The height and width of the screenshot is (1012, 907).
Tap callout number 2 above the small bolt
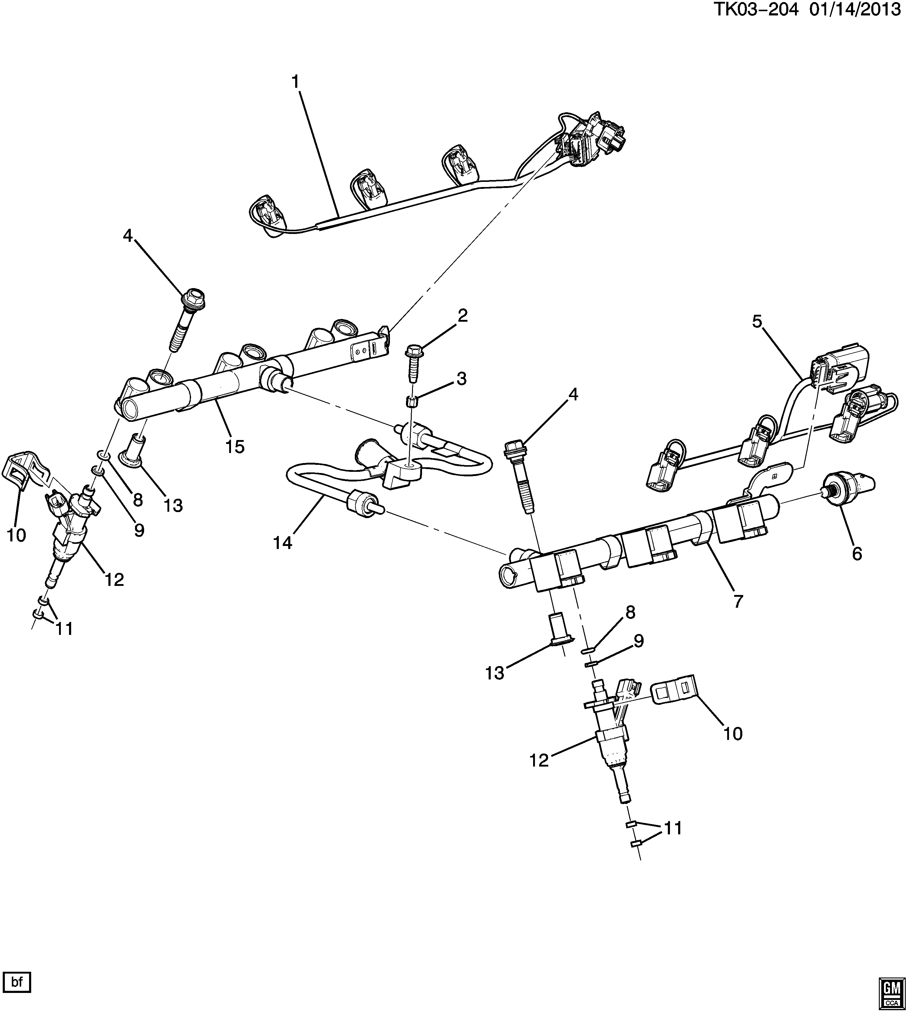tap(463, 315)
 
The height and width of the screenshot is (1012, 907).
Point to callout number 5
tap(757, 322)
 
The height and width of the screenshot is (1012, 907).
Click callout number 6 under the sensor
tap(857, 554)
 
